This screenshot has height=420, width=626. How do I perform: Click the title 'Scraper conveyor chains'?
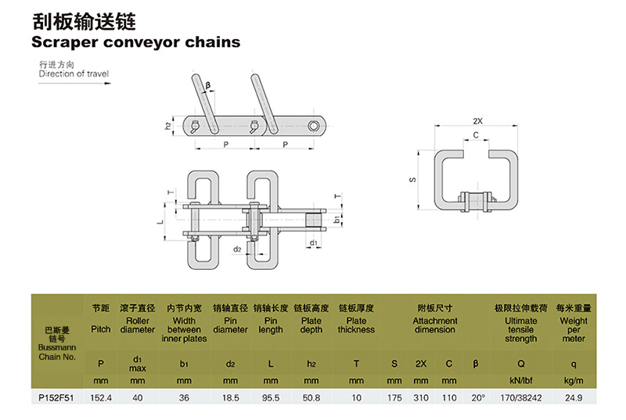(135, 41)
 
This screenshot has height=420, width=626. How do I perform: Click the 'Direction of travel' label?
(74, 74)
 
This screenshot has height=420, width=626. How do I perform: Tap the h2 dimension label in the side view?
(167, 125)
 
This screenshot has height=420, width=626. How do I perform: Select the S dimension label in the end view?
(412, 180)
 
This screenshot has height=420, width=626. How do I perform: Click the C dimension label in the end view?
(477, 135)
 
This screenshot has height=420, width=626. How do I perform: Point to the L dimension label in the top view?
(161, 223)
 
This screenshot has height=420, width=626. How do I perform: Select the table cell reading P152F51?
(56, 397)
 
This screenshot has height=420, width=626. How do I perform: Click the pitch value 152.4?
(101, 397)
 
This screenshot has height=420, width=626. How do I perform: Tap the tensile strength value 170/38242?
(521, 397)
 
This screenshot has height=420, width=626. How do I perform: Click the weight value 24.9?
(574, 397)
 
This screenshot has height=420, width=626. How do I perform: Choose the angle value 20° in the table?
(477, 397)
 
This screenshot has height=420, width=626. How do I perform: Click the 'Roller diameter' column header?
(138, 325)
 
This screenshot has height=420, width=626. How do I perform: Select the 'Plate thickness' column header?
(356, 325)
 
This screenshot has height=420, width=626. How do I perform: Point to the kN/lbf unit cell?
(521, 380)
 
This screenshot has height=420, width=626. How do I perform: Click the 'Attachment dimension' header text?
(435, 325)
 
